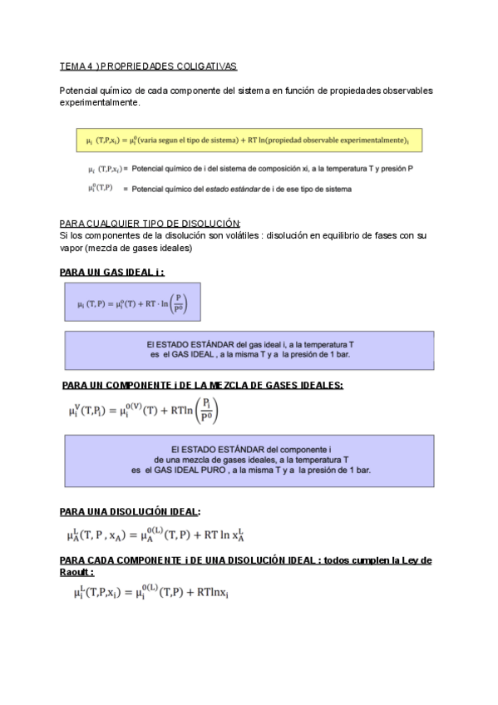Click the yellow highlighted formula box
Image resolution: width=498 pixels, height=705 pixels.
tap(248, 140)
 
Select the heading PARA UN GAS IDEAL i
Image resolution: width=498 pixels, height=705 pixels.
tap(111, 272)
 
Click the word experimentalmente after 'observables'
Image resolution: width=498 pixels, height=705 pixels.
tap(99, 103)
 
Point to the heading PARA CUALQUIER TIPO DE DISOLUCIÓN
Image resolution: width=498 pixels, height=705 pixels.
tap(150, 224)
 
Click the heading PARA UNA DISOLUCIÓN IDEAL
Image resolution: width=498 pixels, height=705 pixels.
tap(130, 511)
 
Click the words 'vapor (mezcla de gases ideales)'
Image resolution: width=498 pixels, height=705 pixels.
tap(126, 248)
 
